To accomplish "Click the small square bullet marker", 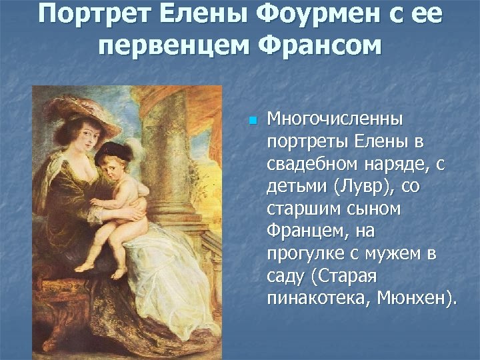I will pyautogui.click(x=251, y=121).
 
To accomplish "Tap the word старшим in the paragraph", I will pyautogui.click(x=307, y=209).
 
